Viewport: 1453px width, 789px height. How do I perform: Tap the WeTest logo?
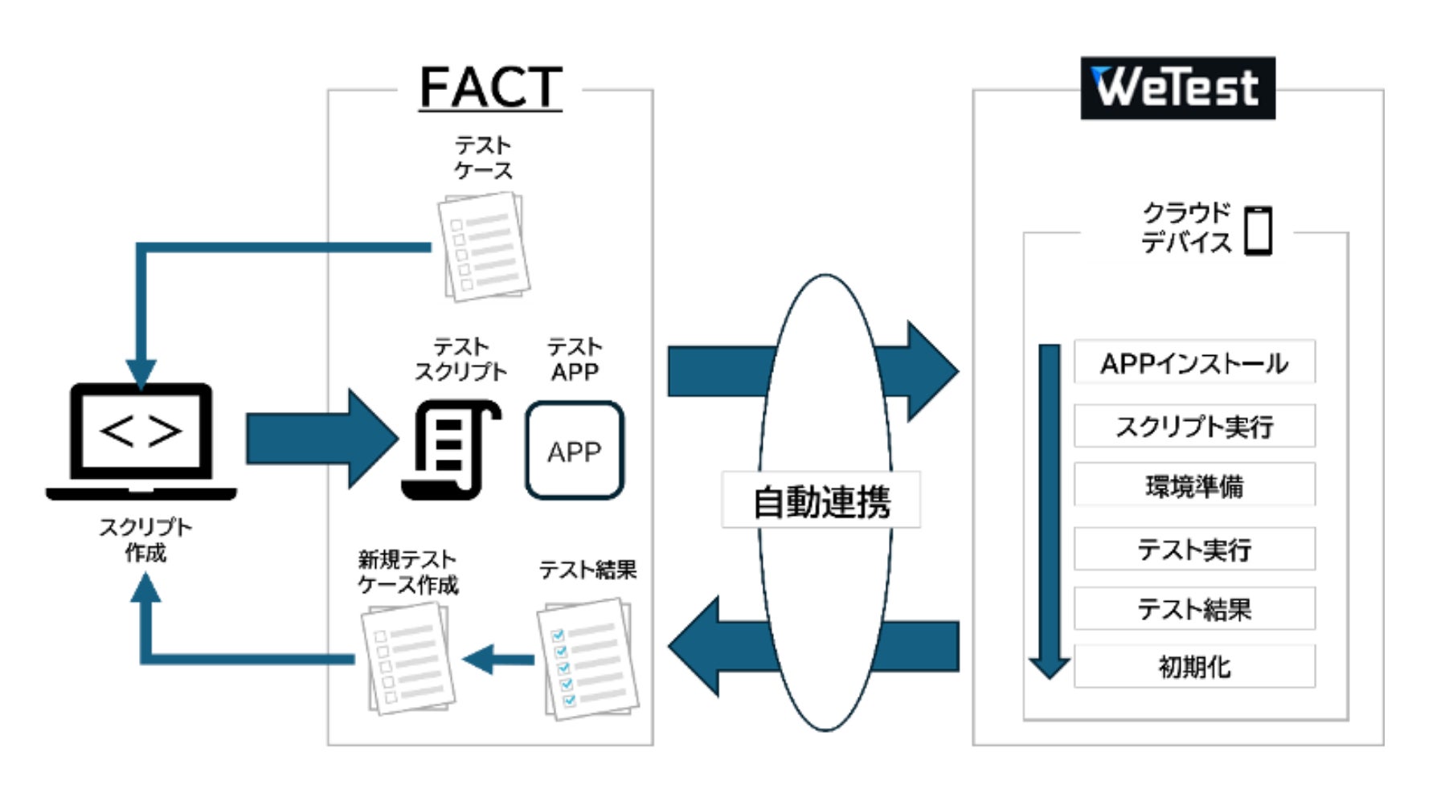pyautogui.click(x=1177, y=88)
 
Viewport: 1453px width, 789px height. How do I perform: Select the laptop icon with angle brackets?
pyautogui.click(x=141, y=440)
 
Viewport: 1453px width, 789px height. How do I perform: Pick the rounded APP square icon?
pyautogui.click(x=574, y=450)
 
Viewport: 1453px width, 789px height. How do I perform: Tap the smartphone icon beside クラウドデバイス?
pyautogui.click(x=1258, y=231)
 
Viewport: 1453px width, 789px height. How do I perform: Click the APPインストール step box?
pyautogui.click(x=1194, y=363)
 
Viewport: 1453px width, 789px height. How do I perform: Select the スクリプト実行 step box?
pyautogui.click(x=1194, y=426)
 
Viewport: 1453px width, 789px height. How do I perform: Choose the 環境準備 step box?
pyautogui.click(x=1194, y=485)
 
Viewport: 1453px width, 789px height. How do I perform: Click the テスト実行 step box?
pyautogui.click(x=1194, y=549)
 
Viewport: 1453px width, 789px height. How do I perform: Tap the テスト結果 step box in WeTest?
pyautogui.click(x=1194, y=608)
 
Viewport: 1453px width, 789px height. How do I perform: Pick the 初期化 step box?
pyautogui.click(x=1194, y=666)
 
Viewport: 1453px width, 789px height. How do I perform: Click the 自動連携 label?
pyautogui.click(x=821, y=501)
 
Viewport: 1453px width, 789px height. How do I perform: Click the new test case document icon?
pyautogui.click(x=408, y=659)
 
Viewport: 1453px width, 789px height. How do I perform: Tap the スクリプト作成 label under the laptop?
pyautogui.click(x=145, y=539)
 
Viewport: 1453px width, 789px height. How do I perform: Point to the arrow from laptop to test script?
pyautogui.click(x=321, y=439)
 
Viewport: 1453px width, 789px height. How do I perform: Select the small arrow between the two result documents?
pyautogui.click(x=498, y=660)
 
